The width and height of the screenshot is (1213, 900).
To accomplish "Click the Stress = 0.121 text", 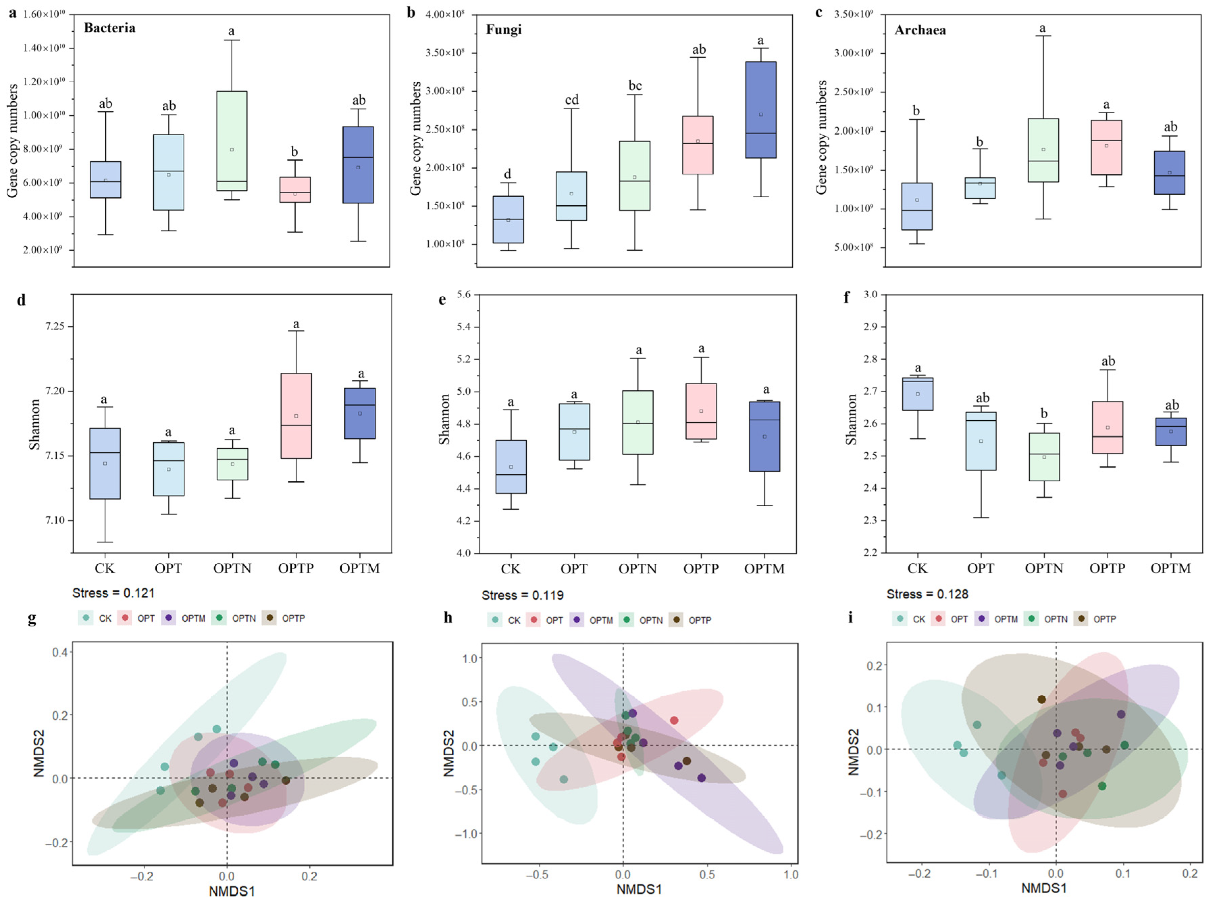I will [x=113, y=593].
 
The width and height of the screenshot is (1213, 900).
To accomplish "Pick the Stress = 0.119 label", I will [x=522, y=595].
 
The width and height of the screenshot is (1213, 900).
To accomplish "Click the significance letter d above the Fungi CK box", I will [x=507, y=174].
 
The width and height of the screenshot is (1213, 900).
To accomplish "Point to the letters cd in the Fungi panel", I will [x=571, y=100].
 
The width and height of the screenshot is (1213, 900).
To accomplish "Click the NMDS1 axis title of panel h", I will [x=639, y=889].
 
